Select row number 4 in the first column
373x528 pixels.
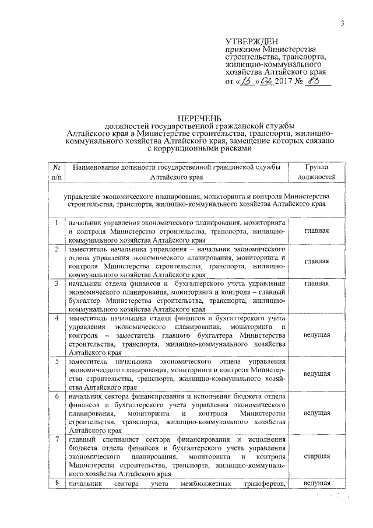pyautogui.click(x=56, y=319)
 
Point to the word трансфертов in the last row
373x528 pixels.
pyautogui.click(x=264, y=484)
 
